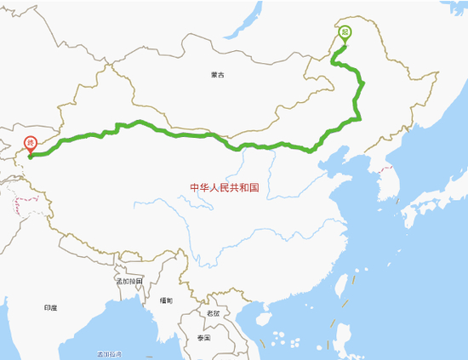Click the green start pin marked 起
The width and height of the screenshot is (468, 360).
344,34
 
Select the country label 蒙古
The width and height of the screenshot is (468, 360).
219,75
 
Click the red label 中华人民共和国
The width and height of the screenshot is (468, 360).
225,188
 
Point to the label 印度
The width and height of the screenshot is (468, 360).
49,307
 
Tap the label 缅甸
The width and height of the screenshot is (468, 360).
166,301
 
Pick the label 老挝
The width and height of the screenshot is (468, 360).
212,312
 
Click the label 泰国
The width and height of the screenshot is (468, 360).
203,338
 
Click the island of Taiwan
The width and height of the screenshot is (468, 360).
347,285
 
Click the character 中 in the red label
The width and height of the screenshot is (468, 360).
194,188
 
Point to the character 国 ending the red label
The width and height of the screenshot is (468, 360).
254,188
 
